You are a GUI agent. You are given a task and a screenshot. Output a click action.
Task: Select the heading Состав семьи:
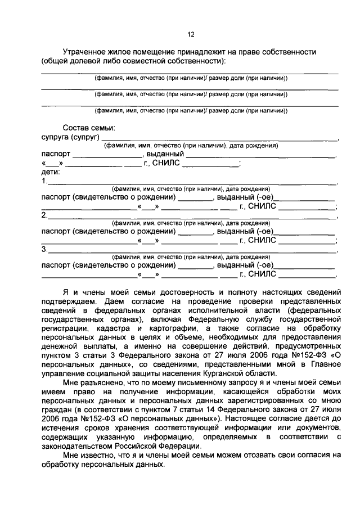[x=89, y=128]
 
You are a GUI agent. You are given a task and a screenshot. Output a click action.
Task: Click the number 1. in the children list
[x=45, y=182]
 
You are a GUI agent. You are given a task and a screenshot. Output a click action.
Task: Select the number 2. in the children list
[x=45, y=215]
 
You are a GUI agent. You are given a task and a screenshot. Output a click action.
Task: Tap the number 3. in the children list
[x=45, y=249]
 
